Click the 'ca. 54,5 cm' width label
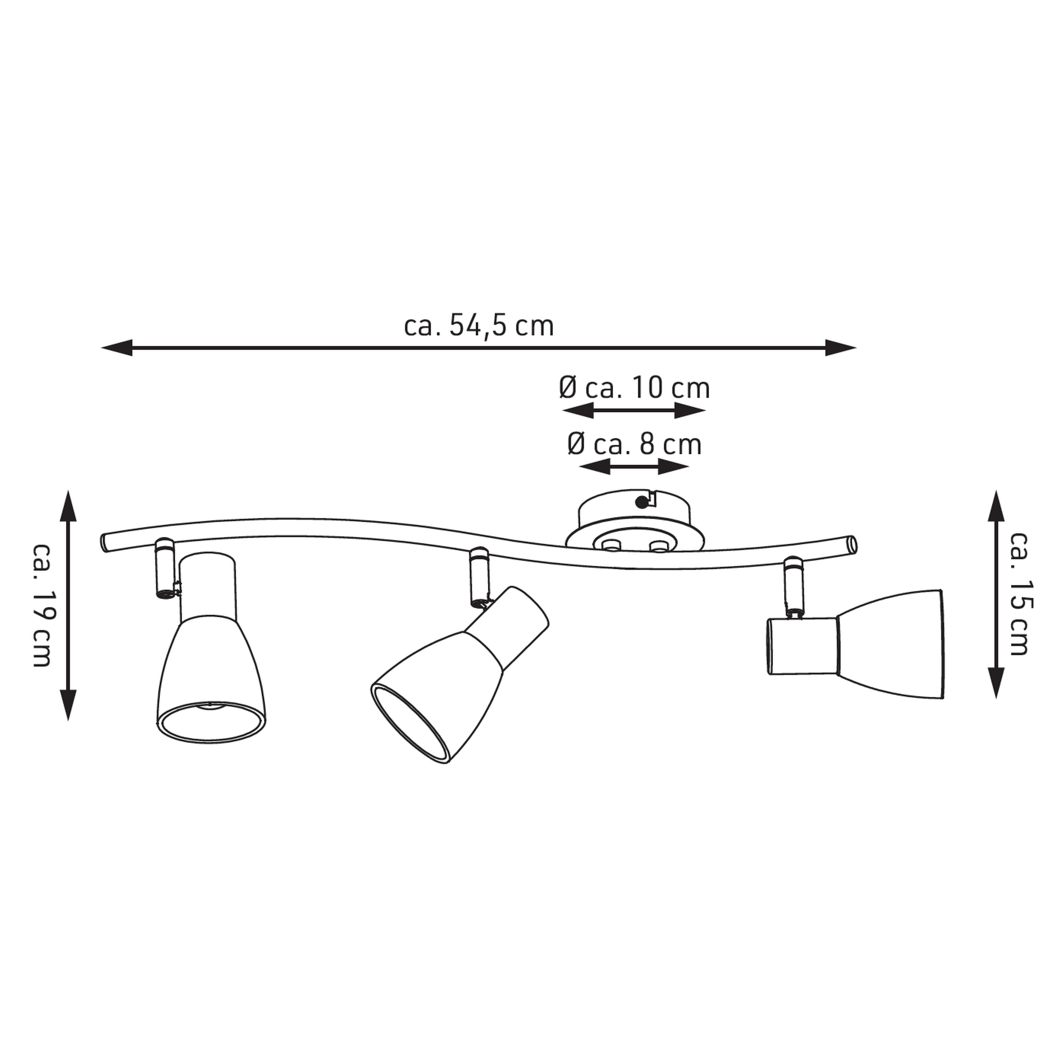coord(479,326)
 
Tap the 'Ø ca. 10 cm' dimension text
coord(634,388)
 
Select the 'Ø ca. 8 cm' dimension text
coord(634,445)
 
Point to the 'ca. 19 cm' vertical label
coord(42,605)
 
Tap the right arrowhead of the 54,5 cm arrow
coord(841,347)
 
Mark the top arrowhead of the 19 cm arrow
coord(68,506)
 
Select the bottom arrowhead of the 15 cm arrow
coord(997,683)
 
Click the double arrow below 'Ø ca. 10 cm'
coord(634,410)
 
